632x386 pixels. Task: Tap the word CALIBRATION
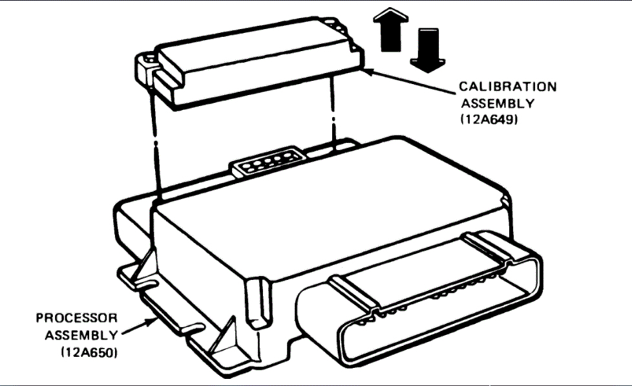[507, 87]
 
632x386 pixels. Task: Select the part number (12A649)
[489, 119]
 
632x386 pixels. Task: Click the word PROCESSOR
[77, 318]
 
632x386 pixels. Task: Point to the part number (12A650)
[90, 352]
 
